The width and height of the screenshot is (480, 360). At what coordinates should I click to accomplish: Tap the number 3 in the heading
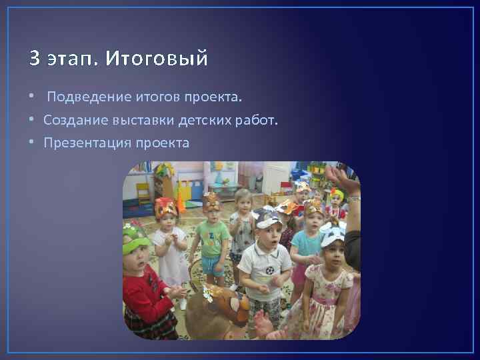[x=34, y=59]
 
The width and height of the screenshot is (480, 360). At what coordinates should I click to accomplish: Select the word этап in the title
[x=72, y=59]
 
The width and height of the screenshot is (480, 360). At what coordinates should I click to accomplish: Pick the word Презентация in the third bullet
[x=87, y=143]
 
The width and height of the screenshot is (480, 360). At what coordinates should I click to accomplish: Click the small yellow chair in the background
[x=143, y=193]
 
